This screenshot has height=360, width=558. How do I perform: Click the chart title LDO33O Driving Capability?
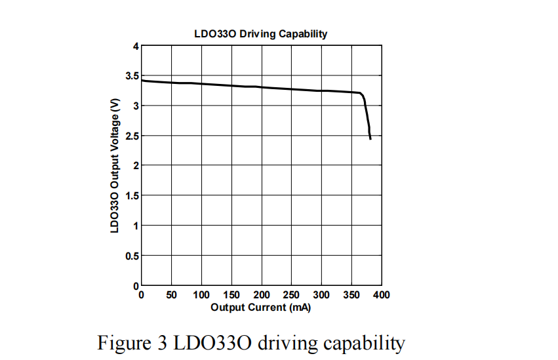click(x=260, y=34)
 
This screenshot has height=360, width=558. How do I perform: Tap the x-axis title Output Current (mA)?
click(x=260, y=307)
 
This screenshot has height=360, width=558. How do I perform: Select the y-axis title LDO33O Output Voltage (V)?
click(x=115, y=165)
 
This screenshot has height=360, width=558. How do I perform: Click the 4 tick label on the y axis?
click(x=136, y=47)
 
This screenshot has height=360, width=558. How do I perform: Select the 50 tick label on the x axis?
click(x=172, y=295)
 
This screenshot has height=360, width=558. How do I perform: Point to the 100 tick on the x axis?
click(x=201, y=295)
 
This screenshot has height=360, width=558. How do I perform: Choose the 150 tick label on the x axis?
click(x=231, y=295)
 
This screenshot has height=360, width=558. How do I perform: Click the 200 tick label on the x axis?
click(x=262, y=295)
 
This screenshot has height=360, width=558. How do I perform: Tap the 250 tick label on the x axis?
click(x=291, y=295)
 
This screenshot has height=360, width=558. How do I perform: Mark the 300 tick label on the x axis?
click(x=321, y=295)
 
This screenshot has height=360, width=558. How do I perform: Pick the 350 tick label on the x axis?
click(x=351, y=295)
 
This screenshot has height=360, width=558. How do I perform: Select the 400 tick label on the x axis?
click(x=382, y=295)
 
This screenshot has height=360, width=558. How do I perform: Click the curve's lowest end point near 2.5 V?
click(x=370, y=139)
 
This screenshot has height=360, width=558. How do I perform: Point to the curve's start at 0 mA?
click(x=142, y=81)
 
